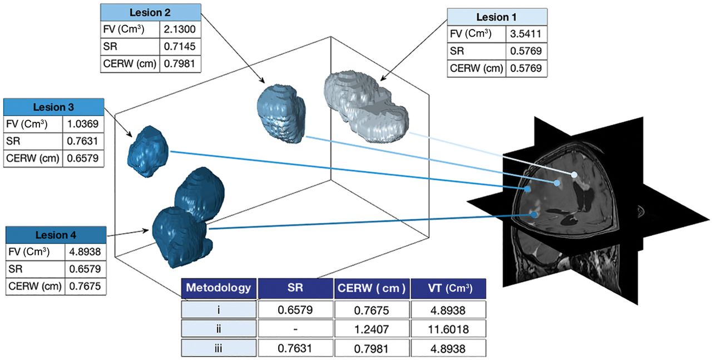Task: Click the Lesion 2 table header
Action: (150, 12)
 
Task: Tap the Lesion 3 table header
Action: (53, 107)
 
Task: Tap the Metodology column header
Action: (219, 288)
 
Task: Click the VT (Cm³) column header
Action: (449, 288)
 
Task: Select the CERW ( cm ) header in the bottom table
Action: (372, 288)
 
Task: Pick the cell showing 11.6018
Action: (449, 329)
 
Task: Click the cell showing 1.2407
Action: (372, 329)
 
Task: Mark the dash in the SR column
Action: (295, 329)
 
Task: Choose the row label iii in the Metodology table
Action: (219, 348)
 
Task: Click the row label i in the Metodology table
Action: (219, 309)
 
